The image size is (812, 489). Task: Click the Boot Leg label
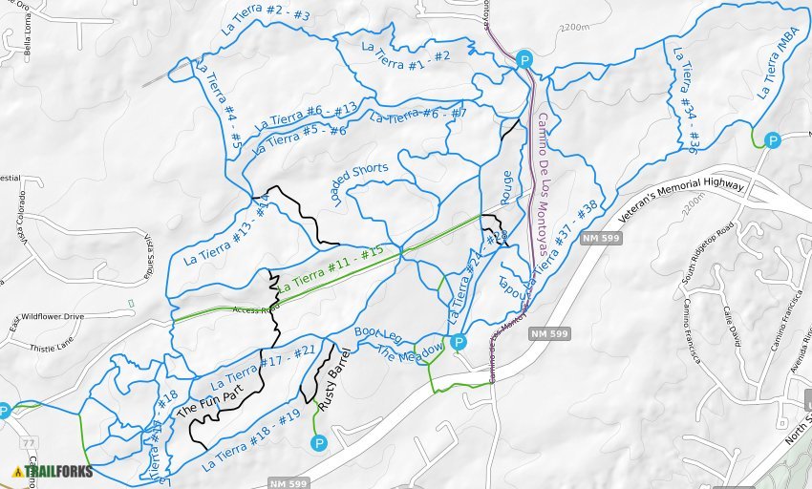coord(378,338)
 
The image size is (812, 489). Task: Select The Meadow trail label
coord(412,354)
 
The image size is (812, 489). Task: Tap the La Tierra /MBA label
coord(777,68)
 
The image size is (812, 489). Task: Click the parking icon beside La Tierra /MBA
coord(773,140)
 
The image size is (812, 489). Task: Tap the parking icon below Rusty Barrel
coord(319,442)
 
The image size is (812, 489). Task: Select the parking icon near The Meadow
coord(459,342)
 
